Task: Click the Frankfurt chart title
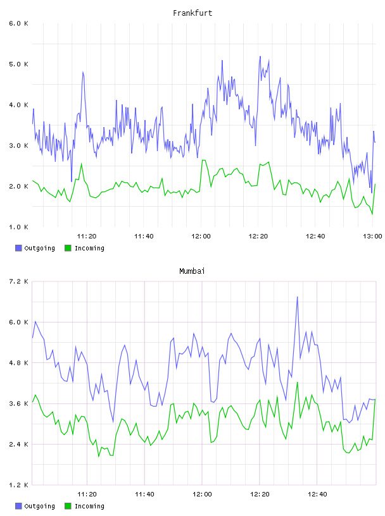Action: tap(192, 13)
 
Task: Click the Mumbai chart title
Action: tap(192, 271)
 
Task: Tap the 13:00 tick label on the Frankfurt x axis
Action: tap(372, 236)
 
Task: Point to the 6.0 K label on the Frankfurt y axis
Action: tap(18, 23)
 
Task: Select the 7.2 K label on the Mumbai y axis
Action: tap(18, 281)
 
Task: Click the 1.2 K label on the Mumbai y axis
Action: tap(18, 485)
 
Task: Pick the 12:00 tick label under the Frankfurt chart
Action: tap(201, 236)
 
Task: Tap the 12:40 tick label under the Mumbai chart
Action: tap(317, 494)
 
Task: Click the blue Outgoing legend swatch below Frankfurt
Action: tap(18, 248)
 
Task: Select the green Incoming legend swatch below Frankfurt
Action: tap(68, 248)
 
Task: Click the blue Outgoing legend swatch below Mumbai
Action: tap(18, 506)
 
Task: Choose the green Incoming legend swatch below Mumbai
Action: tap(68, 506)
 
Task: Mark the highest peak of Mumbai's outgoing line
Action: tap(298, 297)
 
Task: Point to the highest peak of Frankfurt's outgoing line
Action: tap(260, 57)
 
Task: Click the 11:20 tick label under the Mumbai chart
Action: tap(87, 494)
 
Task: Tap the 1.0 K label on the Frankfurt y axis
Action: tap(18, 227)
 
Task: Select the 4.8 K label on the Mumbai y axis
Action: tap(18, 362)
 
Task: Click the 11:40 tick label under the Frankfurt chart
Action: tap(144, 236)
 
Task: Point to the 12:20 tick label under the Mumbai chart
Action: tap(260, 494)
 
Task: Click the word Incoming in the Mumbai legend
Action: tap(89, 506)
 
